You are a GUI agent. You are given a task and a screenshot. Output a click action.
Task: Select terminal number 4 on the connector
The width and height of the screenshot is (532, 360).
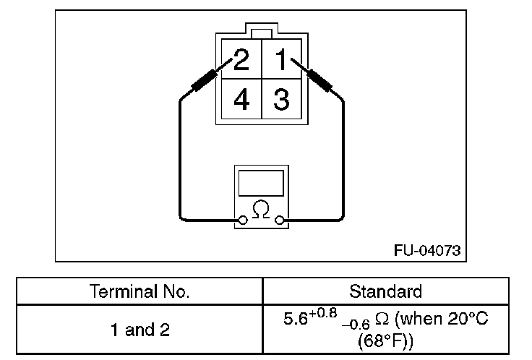coord(241,100)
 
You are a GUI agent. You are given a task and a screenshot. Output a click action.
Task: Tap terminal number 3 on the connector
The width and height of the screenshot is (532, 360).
coord(282,100)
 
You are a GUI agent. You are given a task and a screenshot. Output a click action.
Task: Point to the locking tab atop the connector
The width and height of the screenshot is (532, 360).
coord(262,33)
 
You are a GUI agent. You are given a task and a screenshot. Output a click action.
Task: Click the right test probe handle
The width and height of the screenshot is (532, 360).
coord(318,79)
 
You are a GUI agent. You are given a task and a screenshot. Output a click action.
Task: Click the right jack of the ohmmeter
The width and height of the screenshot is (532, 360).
coord(280,221)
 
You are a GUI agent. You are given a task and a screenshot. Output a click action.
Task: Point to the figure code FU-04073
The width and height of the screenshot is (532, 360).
coord(426,250)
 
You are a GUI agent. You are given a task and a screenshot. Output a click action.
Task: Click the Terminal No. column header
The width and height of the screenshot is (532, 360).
coord(140,292)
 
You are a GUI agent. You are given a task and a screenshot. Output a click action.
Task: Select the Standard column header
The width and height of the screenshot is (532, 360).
coord(385,292)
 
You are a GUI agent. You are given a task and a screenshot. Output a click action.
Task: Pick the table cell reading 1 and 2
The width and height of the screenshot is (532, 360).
coord(140,330)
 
